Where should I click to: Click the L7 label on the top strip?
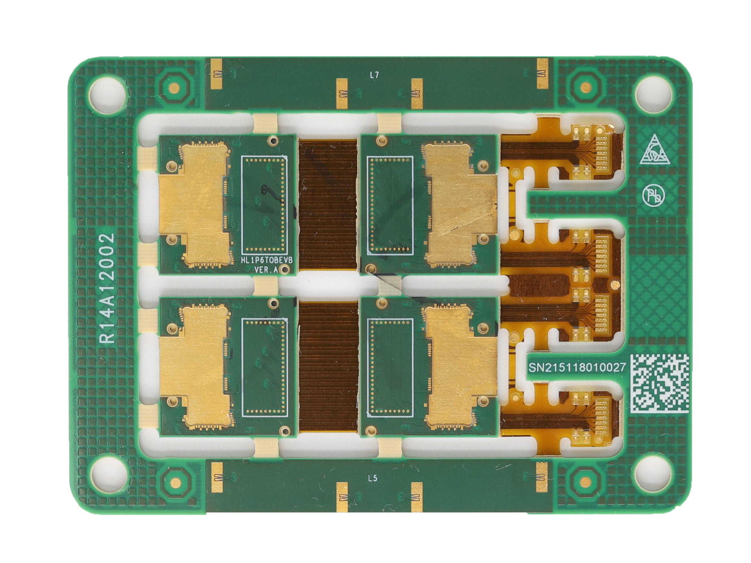[x=374, y=76]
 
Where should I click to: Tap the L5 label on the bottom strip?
[x=372, y=478]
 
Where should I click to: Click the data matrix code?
[x=659, y=384]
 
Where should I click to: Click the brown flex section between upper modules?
[x=328, y=205]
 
